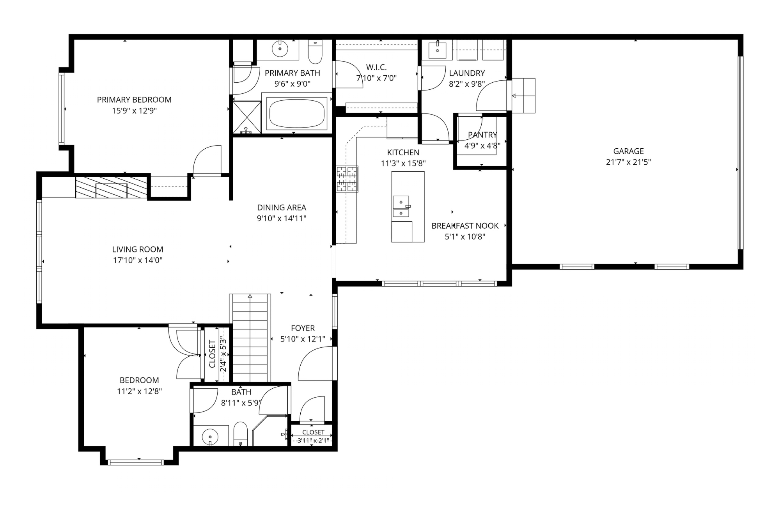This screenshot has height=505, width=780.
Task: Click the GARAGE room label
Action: (x=628, y=151)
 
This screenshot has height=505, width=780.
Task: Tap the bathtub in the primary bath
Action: (x=297, y=113)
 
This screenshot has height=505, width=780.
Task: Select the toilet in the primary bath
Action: (x=315, y=52)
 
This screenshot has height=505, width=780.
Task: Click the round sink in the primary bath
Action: (x=280, y=49)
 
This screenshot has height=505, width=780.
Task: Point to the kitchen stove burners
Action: (x=347, y=179)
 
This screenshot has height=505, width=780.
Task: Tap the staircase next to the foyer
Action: (x=250, y=338)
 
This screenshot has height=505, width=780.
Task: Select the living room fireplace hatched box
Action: (x=111, y=188)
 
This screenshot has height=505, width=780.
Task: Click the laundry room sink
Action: (x=437, y=50)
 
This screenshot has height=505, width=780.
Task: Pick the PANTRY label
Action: (x=482, y=135)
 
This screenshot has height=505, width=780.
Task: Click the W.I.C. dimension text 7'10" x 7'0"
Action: (x=376, y=78)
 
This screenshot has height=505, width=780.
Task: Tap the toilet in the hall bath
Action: (x=241, y=434)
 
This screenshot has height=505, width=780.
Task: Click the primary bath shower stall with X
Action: (x=247, y=117)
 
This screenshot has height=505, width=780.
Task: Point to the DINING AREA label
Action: (x=282, y=208)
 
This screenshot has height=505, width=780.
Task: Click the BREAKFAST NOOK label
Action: (x=465, y=226)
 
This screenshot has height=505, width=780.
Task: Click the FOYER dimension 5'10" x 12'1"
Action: (x=303, y=339)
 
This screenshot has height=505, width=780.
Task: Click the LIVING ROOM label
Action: (x=138, y=249)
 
